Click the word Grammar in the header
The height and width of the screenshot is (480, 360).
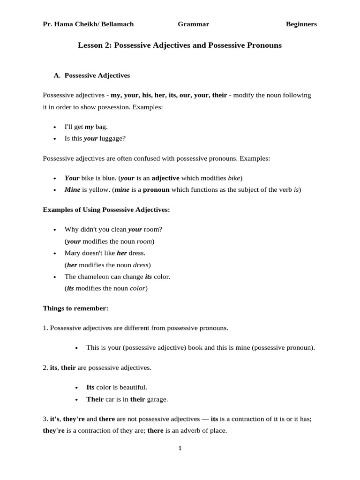[x=193, y=24]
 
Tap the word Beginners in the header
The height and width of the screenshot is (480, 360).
[x=301, y=24]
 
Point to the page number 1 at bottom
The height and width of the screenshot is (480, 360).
[x=180, y=448]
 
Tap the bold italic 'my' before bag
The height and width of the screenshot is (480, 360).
[x=89, y=127]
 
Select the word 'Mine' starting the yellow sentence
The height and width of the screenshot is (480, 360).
[x=72, y=190]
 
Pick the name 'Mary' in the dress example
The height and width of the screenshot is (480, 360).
[x=73, y=253]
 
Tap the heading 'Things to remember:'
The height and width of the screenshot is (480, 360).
[x=75, y=308]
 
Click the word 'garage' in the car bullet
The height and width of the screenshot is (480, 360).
[x=157, y=399]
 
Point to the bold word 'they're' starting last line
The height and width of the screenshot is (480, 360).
[x=53, y=431]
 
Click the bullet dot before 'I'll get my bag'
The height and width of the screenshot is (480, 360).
[x=55, y=127]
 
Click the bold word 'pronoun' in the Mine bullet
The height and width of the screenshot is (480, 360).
[x=156, y=190]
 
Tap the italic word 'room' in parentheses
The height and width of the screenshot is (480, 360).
[x=144, y=241]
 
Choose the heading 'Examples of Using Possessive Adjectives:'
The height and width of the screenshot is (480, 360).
[x=106, y=210]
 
